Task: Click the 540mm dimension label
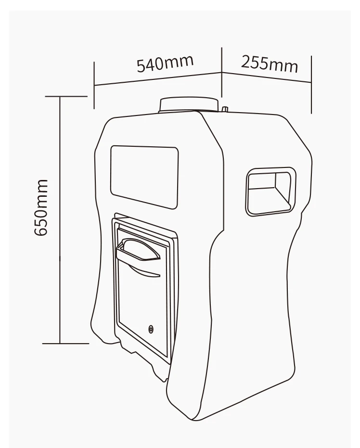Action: [x=165, y=63]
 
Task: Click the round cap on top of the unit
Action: [x=188, y=104]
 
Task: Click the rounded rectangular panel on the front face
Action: [x=144, y=177]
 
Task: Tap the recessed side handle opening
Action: [x=270, y=191]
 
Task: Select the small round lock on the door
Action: [x=152, y=330]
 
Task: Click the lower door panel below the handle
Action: [x=140, y=303]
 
